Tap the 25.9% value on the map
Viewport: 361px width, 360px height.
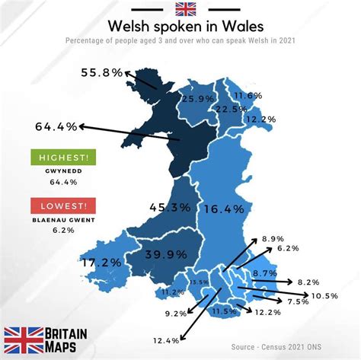tap(196, 100)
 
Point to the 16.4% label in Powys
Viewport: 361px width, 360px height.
tap(225, 209)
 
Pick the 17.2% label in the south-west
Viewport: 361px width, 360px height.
tap(101, 263)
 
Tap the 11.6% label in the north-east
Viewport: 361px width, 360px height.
tap(248, 96)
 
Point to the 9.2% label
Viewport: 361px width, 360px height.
tap(175, 313)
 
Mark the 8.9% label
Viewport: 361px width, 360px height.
tap(272, 239)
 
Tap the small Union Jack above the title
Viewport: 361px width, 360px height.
tap(185, 10)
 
